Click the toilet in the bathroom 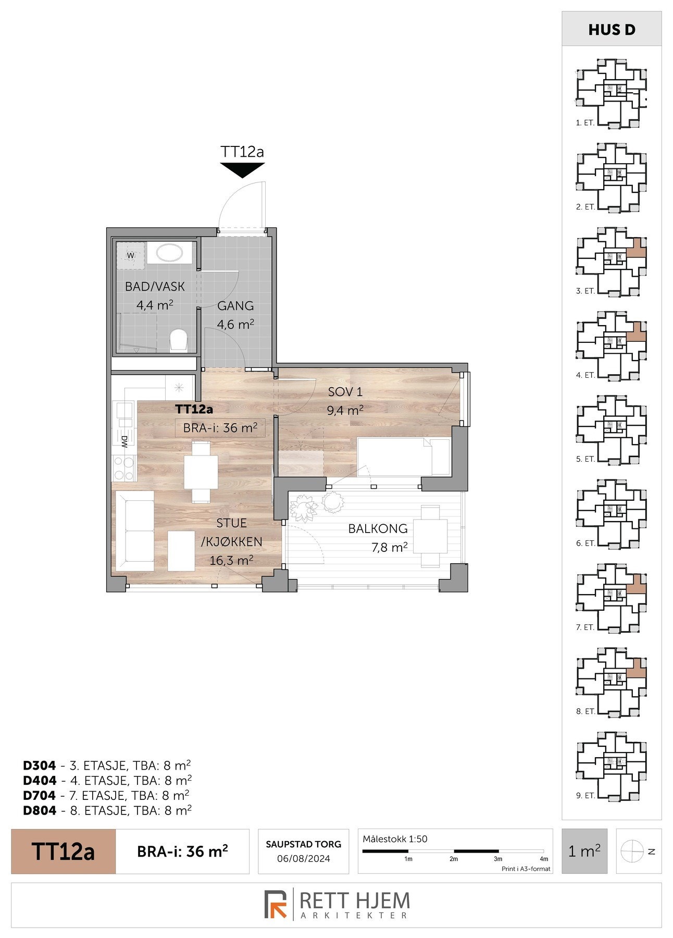click(x=179, y=339)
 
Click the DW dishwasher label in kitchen click(x=124, y=443)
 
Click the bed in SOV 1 click(x=403, y=456)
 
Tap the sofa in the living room click(x=134, y=531)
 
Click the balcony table click(x=430, y=536)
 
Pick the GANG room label click(x=235, y=306)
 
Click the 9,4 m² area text click(x=345, y=410)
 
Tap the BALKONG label click(x=378, y=528)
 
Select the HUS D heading click(x=612, y=30)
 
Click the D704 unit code click(x=39, y=795)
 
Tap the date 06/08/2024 click(x=303, y=859)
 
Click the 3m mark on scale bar click(x=498, y=859)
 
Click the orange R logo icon click(x=276, y=904)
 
